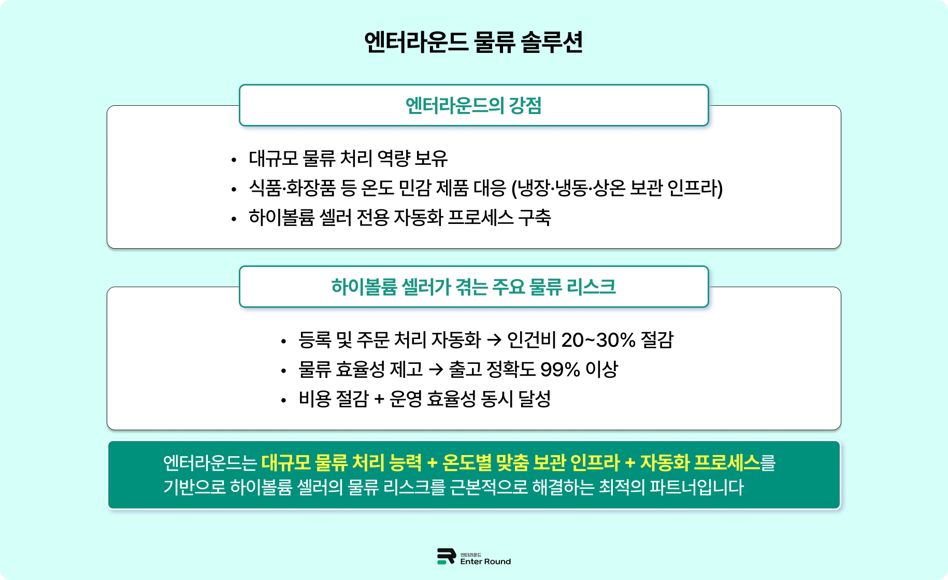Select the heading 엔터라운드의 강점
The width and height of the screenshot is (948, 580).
pos(473,106)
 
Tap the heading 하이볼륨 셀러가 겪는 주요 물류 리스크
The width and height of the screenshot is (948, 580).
pos(473,287)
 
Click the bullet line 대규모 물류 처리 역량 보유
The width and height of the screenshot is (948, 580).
pos(348,159)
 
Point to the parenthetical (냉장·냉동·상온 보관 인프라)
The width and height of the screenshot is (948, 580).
pos(617,188)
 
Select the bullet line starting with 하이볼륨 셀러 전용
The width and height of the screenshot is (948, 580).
pos(399,218)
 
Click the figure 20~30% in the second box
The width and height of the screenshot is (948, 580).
pos(598,340)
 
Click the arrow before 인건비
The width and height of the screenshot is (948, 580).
pos(494,340)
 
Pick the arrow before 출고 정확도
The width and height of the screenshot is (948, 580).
pos(436,370)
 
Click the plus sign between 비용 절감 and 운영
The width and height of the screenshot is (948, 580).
pos(379,399)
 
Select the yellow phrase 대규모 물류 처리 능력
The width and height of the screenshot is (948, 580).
pos(342,462)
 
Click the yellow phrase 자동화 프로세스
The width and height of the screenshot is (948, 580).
pos(700,462)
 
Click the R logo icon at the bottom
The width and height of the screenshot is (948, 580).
pos(446,556)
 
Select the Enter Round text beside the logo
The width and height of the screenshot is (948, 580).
pos(485,561)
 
